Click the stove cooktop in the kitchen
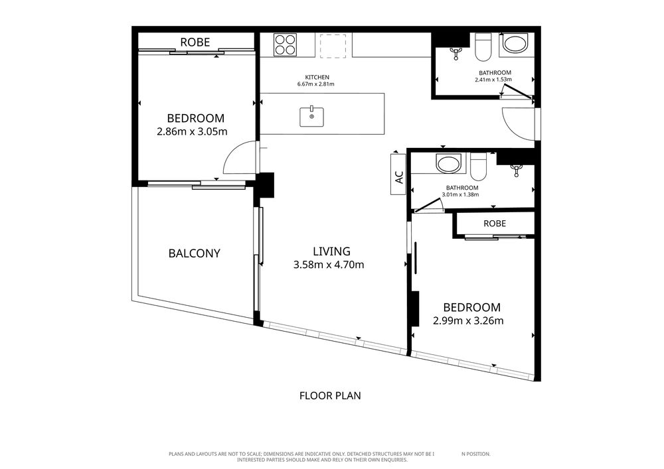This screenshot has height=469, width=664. (x=285, y=45)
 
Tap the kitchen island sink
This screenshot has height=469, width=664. (x=311, y=117)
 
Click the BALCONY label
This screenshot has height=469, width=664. (x=195, y=253)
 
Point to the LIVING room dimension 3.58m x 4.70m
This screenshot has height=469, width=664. (x=329, y=265)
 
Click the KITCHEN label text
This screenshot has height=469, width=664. (x=317, y=78)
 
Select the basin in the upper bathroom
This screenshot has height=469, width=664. (x=515, y=44)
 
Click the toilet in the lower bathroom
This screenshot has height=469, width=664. (x=479, y=167)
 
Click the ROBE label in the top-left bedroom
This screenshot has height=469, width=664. (x=195, y=42)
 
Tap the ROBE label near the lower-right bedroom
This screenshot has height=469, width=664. (x=495, y=224)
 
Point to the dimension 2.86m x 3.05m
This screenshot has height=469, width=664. (x=193, y=131)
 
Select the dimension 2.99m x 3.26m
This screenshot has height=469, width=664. (x=468, y=320)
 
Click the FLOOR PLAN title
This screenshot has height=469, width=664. (x=330, y=396)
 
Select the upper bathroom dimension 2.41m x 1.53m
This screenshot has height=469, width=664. (x=493, y=80)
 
